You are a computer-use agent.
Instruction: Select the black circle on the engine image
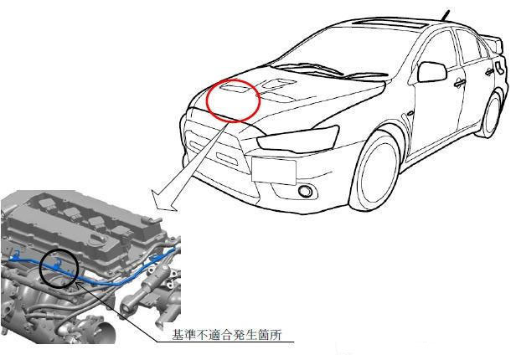pyautogui.click(x=40, y=269)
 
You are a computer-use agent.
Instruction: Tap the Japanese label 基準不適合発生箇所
pyautogui.click(x=227, y=335)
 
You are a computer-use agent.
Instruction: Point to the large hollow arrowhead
pyautogui.click(x=164, y=201)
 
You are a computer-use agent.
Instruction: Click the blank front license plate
pyautogui.click(x=274, y=171)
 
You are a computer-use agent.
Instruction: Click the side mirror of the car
pyautogui.click(x=432, y=72)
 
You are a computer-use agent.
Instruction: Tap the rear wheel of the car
pyautogui.click(x=493, y=114)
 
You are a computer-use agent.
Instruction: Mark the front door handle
pyautogui.click(x=459, y=84)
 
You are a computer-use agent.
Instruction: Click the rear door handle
pyautogui.click(x=490, y=70)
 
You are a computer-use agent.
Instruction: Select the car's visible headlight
pyautogui.click(x=298, y=139)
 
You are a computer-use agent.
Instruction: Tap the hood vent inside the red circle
pyautogui.click(x=235, y=88)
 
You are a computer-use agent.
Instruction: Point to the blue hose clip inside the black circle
pyautogui.click(x=59, y=264)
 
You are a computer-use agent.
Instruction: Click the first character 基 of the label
pyautogui.click(x=178, y=335)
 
